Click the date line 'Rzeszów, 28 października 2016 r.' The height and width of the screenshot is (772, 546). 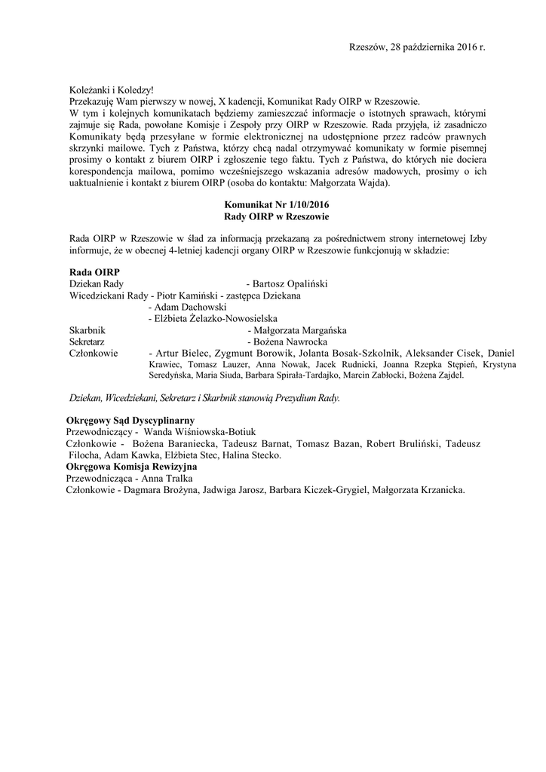coord(417,47)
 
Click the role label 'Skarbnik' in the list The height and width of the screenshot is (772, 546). coord(87,331)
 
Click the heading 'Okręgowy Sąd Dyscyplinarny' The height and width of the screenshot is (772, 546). coord(130,419)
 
